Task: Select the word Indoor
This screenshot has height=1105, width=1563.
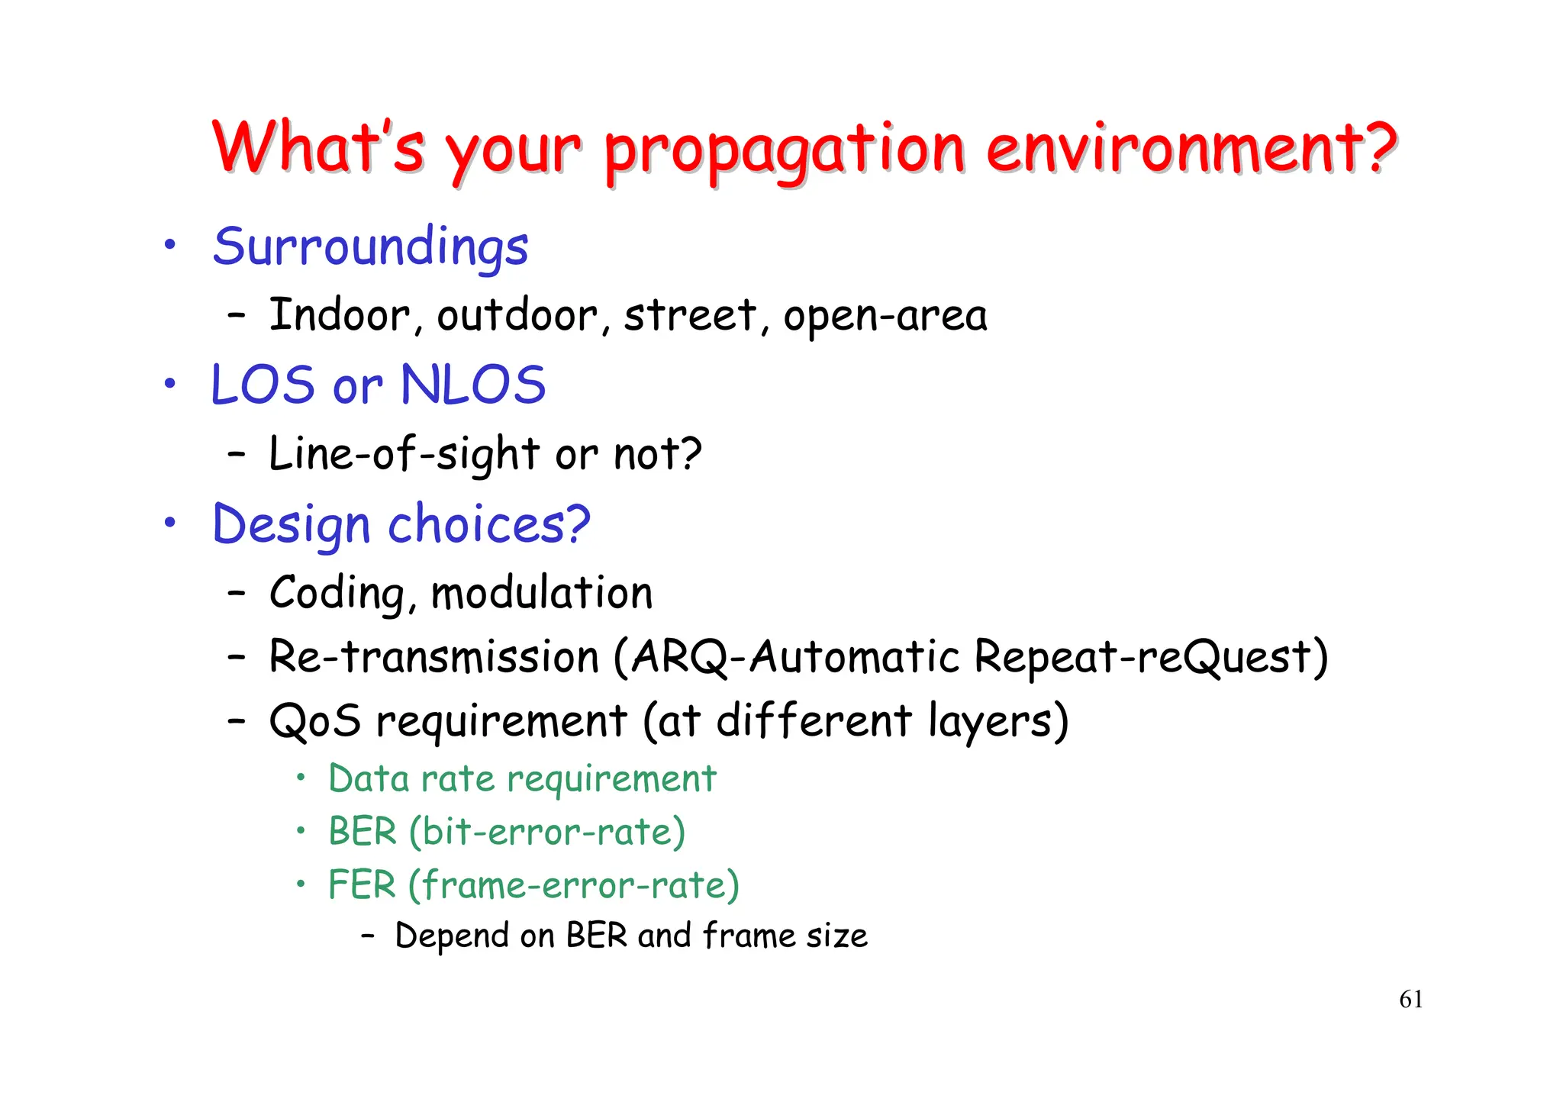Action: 340,315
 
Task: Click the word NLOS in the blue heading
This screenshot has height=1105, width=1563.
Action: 473,385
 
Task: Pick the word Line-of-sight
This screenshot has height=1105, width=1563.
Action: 405,454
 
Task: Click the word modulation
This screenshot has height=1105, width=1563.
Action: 542,594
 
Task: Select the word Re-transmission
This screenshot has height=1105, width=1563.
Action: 434,657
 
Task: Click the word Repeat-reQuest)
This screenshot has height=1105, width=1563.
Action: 1151,657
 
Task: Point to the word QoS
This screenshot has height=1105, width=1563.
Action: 314,721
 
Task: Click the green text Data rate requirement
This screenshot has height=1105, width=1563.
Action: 522,779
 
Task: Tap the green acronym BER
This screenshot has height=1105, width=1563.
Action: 363,832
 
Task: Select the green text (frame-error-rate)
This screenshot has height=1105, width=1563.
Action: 573,885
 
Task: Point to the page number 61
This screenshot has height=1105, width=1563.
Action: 1410,1000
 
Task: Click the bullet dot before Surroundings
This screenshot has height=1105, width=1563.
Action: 170,245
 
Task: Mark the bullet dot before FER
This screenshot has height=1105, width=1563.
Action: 301,884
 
